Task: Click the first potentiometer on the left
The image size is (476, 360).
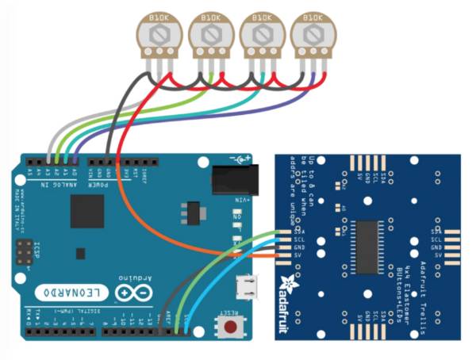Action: point(159,35)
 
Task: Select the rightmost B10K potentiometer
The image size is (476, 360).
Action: point(311,35)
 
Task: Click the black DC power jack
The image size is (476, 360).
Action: point(236,178)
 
